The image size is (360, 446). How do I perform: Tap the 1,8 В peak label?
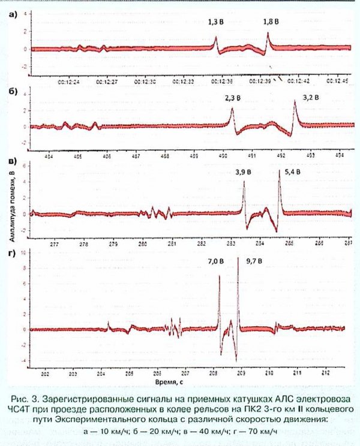pos(272,22)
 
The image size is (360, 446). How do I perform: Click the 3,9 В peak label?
pos(244,172)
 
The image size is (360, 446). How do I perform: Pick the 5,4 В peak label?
pos(293,172)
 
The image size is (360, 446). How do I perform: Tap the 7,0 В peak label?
pos(215,261)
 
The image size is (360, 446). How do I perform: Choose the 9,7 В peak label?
pos(256,261)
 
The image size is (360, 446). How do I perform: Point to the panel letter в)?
pos(12,161)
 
